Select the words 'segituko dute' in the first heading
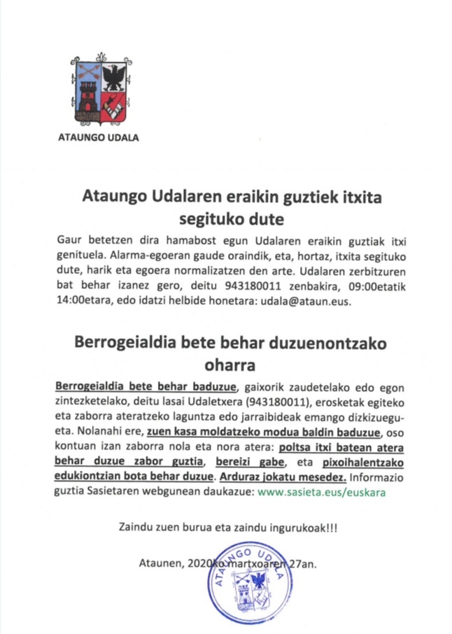pyautogui.click(x=229, y=218)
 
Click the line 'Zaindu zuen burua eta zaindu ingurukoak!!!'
pyautogui.click(x=228, y=527)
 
